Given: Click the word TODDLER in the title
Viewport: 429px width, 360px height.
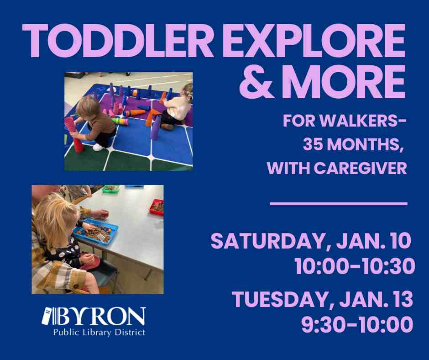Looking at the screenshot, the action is (x=118, y=41).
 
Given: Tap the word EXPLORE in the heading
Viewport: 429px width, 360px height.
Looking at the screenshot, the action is (x=314, y=41).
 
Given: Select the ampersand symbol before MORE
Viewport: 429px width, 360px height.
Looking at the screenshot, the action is (x=256, y=81).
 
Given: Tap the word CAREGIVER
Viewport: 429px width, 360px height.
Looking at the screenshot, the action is (x=361, y=168).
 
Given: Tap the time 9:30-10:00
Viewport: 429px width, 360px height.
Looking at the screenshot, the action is (x=357, y=324).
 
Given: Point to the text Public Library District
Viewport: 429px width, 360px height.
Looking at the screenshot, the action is (x=99, y=333).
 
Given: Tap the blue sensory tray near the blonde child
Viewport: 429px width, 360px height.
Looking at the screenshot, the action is (x=96, y=232).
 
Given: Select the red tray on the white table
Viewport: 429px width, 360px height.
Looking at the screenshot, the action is (x=157, y=207).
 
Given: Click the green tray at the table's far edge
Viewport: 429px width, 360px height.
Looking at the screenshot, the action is (x=111, y=189).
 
